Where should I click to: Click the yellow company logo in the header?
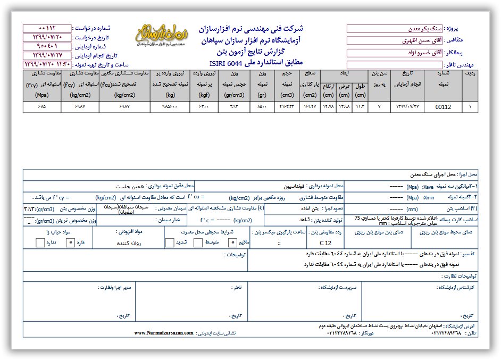point(163,36)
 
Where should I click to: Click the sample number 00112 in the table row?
point(442,107)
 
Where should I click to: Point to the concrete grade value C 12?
point(324,243)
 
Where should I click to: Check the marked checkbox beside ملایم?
point(232,243)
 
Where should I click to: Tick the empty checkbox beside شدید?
point(169,243)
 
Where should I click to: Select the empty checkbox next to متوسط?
point(198,243)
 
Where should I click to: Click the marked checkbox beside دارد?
point(69,243)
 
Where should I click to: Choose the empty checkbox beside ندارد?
point(40,243)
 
